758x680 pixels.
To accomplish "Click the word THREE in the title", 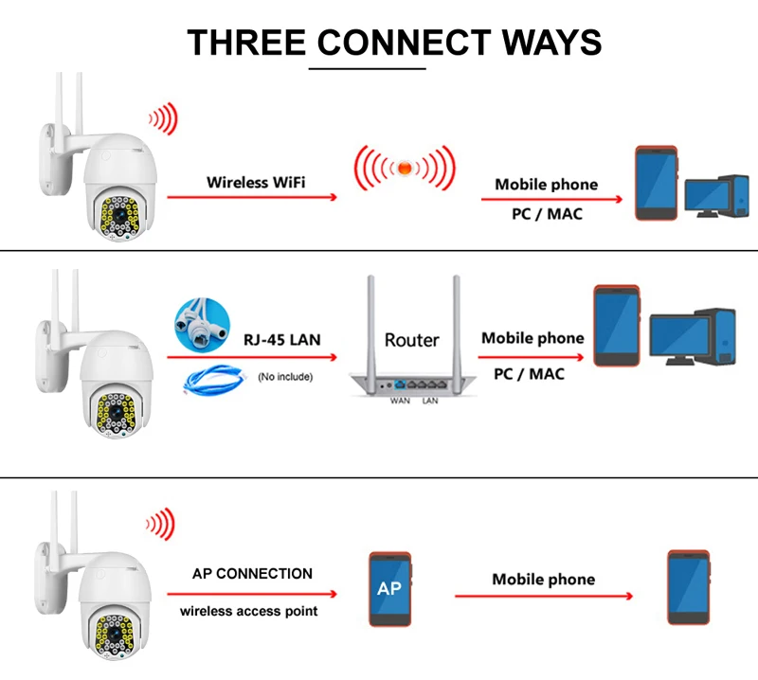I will pos(245,43).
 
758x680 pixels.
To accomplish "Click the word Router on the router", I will pos(411,339).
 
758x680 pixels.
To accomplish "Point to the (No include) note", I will pos(285,377).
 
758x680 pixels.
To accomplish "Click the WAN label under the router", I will pos(400,402).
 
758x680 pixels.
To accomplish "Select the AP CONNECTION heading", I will pos(252,573).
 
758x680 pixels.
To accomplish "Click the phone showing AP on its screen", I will pos(389,587).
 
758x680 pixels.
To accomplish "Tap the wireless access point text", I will pos(249,611).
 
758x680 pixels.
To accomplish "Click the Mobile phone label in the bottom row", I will pos(544,579).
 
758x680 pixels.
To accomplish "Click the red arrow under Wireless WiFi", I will pos(252,197).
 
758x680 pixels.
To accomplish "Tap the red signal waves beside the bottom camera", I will pos(161,524).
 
